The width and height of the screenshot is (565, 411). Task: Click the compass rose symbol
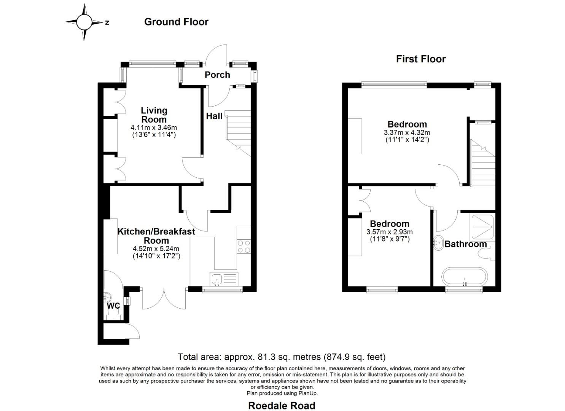pos(84,22)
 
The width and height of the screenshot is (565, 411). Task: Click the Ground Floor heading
pos(176,22)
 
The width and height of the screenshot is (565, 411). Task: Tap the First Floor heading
pos(420,59)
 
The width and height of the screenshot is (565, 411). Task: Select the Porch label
pos(217,75)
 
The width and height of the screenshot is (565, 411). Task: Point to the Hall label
pos(214,116)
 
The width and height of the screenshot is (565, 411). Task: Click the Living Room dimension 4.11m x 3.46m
pos(154,128)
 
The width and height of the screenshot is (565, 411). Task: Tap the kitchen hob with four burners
pos(244,246)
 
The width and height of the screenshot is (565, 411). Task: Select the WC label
pos(113,306)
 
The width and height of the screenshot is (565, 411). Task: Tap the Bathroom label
pos(465,244)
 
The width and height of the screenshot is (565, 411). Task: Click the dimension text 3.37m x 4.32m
pos(407,133)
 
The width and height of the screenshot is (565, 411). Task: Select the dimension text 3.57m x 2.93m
pos(389,232)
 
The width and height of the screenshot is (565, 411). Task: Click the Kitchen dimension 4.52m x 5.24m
pos(156,249)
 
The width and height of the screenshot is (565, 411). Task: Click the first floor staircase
pos(483,164)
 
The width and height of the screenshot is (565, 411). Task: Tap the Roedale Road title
pos(282,406)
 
